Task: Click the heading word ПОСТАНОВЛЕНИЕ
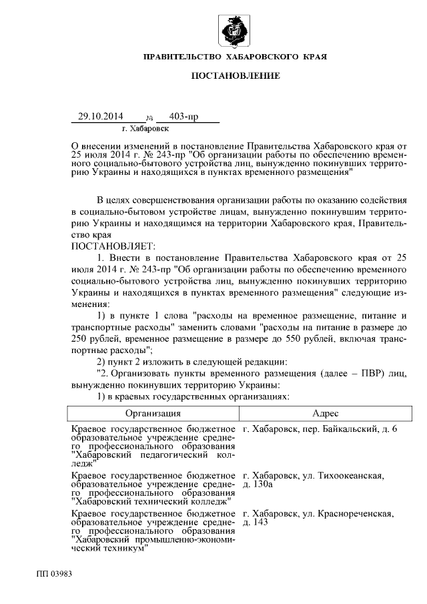(236, 77)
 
